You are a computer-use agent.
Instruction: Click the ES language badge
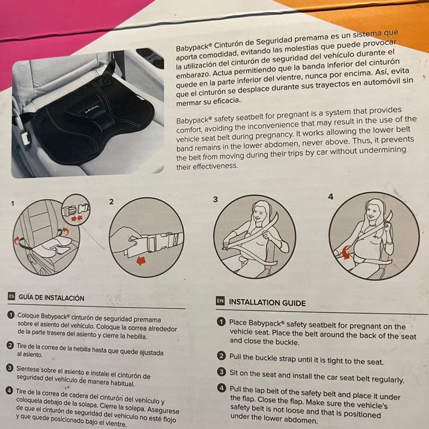[11, 296]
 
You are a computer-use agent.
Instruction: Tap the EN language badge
[219, 302]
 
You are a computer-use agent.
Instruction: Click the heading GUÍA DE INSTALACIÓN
[52, 297]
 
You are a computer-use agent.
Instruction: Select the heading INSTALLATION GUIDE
[267, 302]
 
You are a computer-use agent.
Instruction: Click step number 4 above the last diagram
[330, 197]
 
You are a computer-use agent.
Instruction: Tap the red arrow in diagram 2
[141, 261]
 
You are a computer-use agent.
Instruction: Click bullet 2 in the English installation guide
[221, 356]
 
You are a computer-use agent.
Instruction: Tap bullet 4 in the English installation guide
[221, 388]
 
